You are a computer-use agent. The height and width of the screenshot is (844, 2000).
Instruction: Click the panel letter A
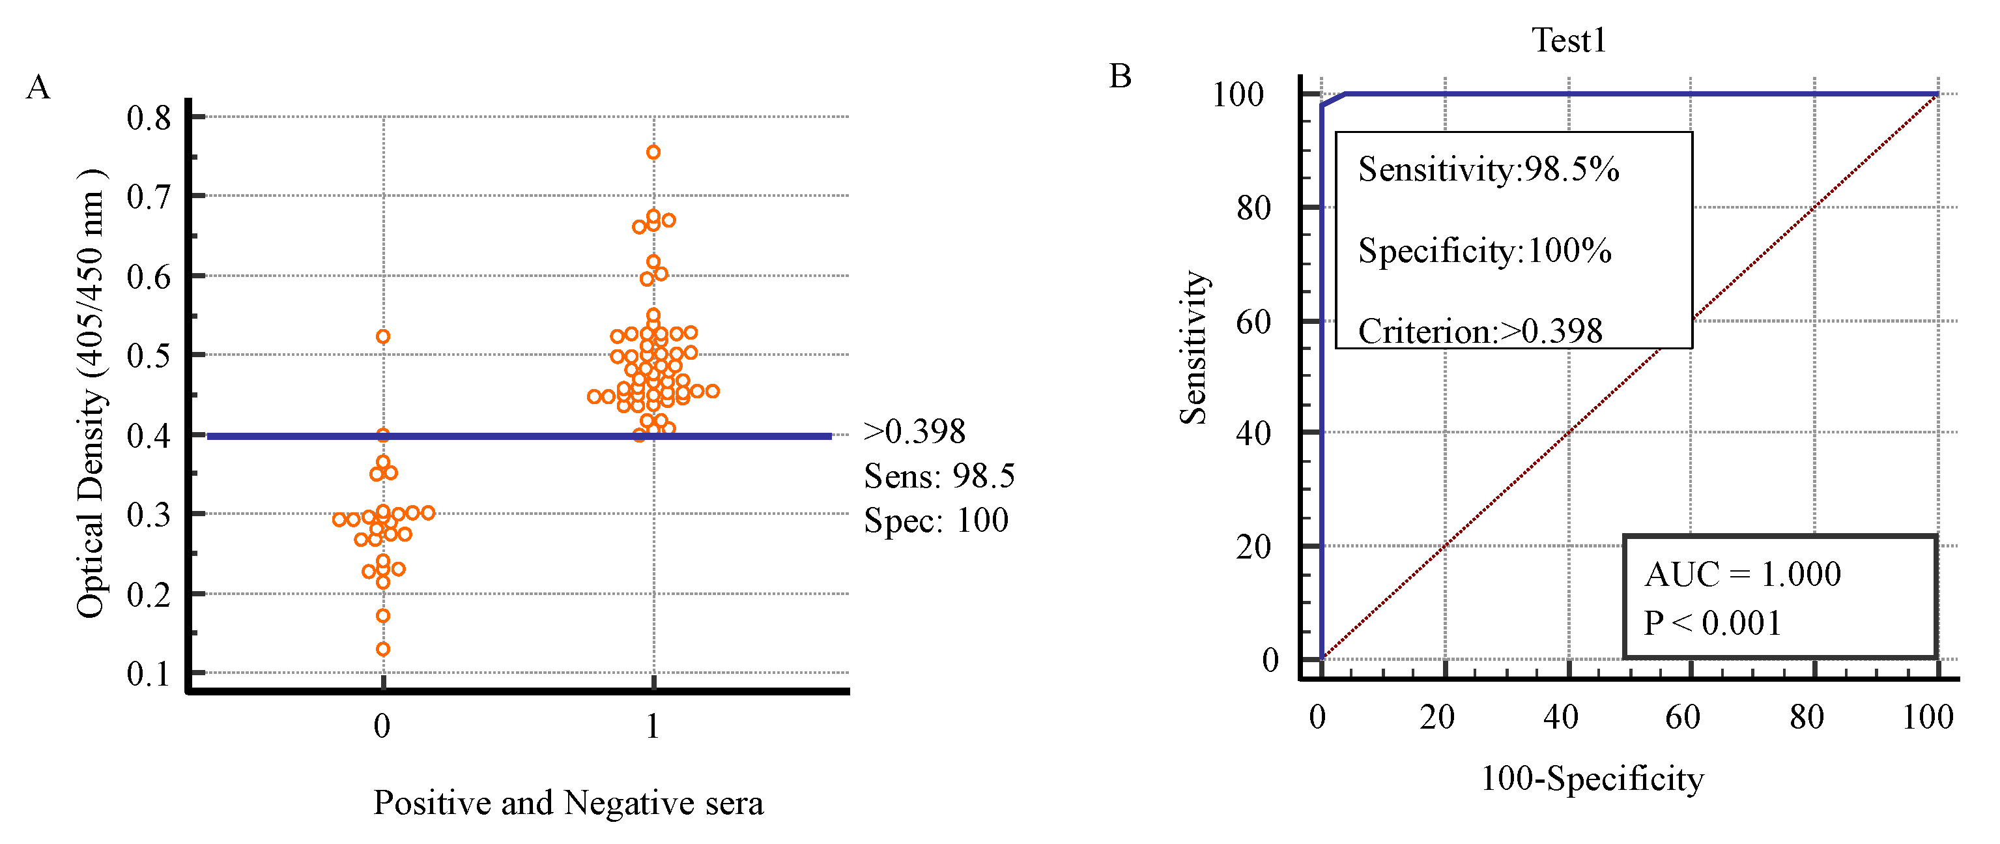tap(38, 88)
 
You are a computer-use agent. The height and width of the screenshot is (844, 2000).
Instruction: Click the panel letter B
tap(1120, 77)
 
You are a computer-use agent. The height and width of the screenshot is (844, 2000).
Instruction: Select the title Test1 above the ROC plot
tap(1567, 40)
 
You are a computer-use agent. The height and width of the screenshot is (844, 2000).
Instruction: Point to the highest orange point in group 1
tap(653, 153)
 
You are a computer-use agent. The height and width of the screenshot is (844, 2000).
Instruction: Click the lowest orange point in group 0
tap(383, 649)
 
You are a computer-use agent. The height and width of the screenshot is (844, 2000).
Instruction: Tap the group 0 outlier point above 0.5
tap(383, 336)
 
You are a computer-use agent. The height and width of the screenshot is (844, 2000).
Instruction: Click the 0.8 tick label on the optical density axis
tap(149, 118)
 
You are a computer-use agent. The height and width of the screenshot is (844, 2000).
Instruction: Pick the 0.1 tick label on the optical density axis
tap(149, 674)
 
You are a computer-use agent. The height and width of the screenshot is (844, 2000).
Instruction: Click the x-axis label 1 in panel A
tap(653, 727)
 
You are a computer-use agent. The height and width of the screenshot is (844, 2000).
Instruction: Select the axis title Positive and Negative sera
tap(568, 803)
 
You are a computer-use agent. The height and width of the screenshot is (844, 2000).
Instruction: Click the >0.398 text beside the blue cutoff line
tap(915, 431)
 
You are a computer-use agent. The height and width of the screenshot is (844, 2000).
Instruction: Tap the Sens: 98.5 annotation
tap(939, 476)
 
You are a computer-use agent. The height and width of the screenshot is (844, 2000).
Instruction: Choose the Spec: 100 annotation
tap(936, 520)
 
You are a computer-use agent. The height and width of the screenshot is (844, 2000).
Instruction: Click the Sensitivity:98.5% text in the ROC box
tap(1489, 169)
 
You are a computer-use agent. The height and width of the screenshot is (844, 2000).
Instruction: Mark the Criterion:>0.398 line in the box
tap(1480, 332)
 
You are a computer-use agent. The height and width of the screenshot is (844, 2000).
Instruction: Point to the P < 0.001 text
tap(1712, 622)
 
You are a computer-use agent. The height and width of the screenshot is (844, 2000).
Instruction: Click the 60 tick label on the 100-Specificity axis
tap(1683, 718)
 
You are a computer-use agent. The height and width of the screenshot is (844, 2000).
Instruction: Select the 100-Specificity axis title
tap(1592, 779)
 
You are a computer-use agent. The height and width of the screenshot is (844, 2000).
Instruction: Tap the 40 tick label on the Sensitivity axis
tap(1253, 433)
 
